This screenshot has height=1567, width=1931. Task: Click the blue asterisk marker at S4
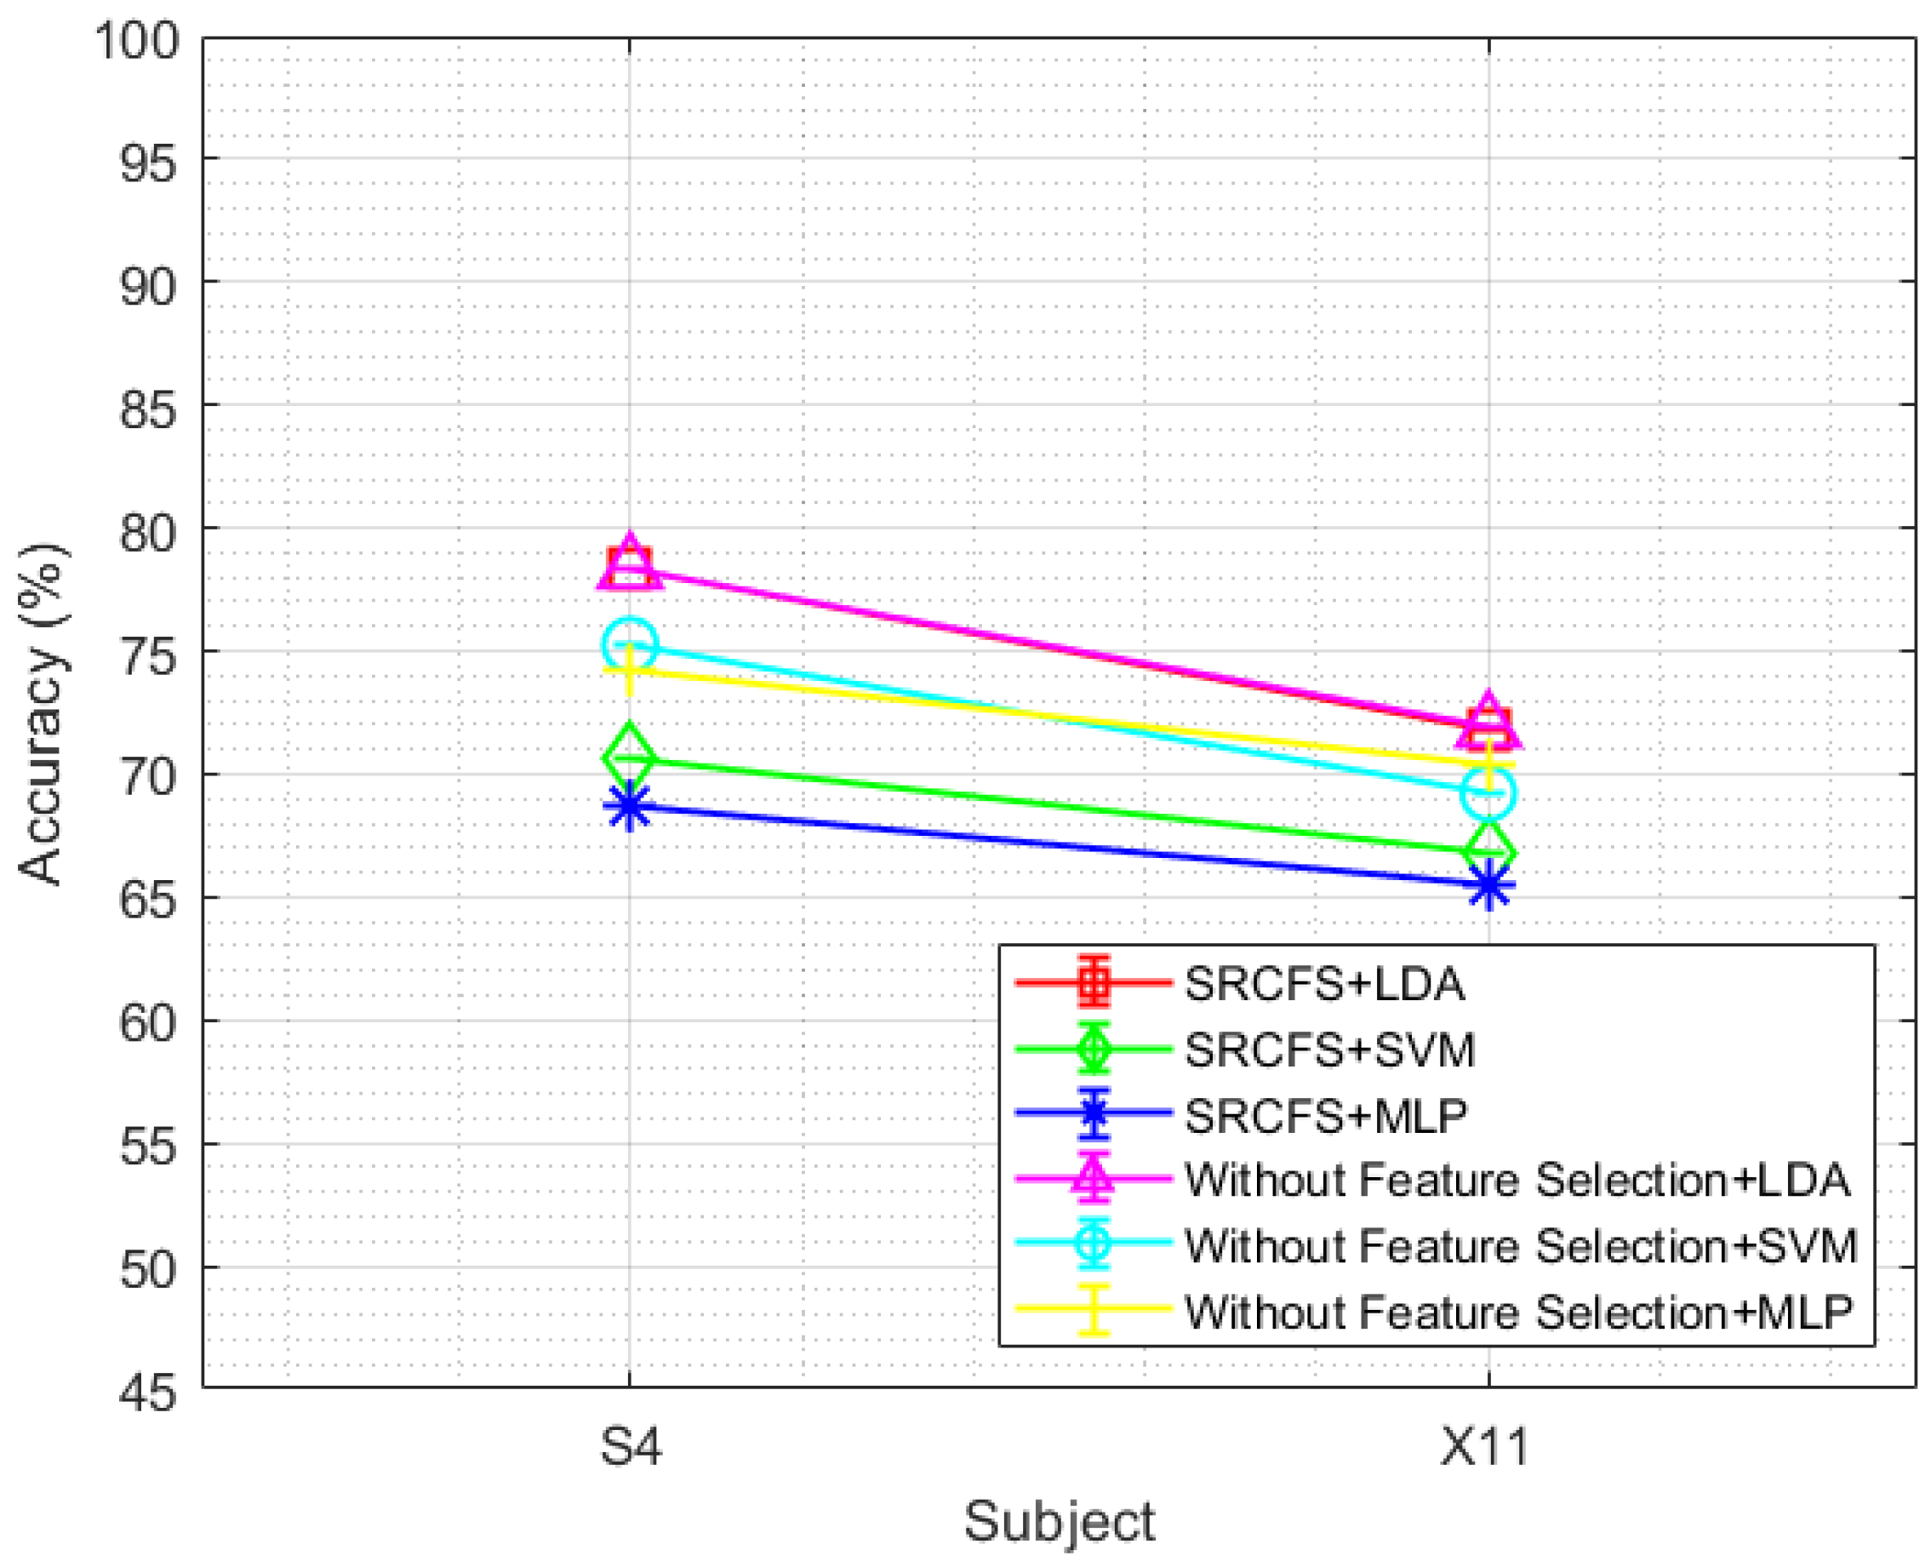pyautogui.click(x=629, y=805)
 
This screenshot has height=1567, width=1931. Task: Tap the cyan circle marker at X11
pyautogui.click(x=1488, y=792)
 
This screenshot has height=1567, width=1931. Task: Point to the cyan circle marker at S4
pyautogui.click(x=629, y=643)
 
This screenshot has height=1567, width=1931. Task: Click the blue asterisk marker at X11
pyautogui.click(x=1488, y=885)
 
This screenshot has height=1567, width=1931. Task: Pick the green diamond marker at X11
pyautogui.click(x=1488, y=852)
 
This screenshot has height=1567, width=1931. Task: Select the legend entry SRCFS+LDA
pyautogui.click(x=1323, y=983)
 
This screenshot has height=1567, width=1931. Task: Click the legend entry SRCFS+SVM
pyautogui.click(x=1329, y=1049)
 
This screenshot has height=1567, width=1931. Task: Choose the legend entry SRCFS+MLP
pyautogui.click(x=1324, y=1115)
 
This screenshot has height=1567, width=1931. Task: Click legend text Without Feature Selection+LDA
pyautogui.click(x=1516, y=1180)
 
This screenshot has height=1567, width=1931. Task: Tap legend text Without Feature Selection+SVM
pyautogui.click(x=1520, y=1245)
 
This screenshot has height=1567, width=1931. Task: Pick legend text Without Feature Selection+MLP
pyautogui.click(x=1517, y=1312)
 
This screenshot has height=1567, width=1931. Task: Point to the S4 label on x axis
pyautogui.click(x=631, y=1448)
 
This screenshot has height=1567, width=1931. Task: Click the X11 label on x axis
pyautogui.click(x=1485, y=1448)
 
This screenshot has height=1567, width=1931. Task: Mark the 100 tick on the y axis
pyautogui.click(x=137, y=41)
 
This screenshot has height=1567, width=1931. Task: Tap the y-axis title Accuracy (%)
pyautogui.click(x=43, y=713)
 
